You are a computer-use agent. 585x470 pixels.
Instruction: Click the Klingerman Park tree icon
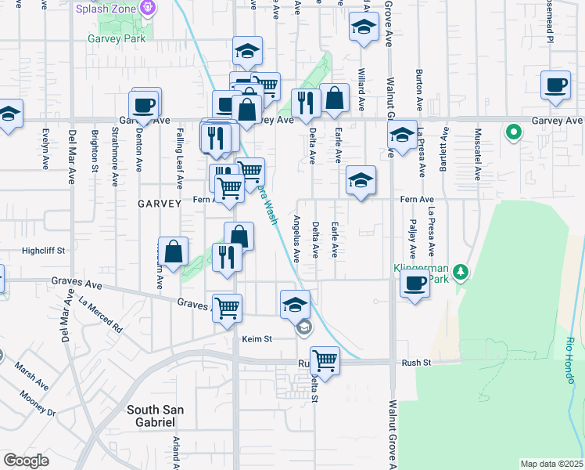(462, 272)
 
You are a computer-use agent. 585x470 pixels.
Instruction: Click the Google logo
(26, 461)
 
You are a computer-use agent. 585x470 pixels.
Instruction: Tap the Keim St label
(257, 339)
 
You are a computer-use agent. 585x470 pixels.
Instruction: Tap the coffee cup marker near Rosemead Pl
(557, 85)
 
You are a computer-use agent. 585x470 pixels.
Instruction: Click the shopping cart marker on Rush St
(325, 360)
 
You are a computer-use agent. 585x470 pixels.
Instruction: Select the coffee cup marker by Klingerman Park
(415, 283)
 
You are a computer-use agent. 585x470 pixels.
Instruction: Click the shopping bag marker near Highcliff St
(174, 251)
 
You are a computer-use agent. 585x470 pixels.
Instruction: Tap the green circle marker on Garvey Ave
(514, 132)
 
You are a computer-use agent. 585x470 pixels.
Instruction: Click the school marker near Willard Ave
(363, 29)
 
